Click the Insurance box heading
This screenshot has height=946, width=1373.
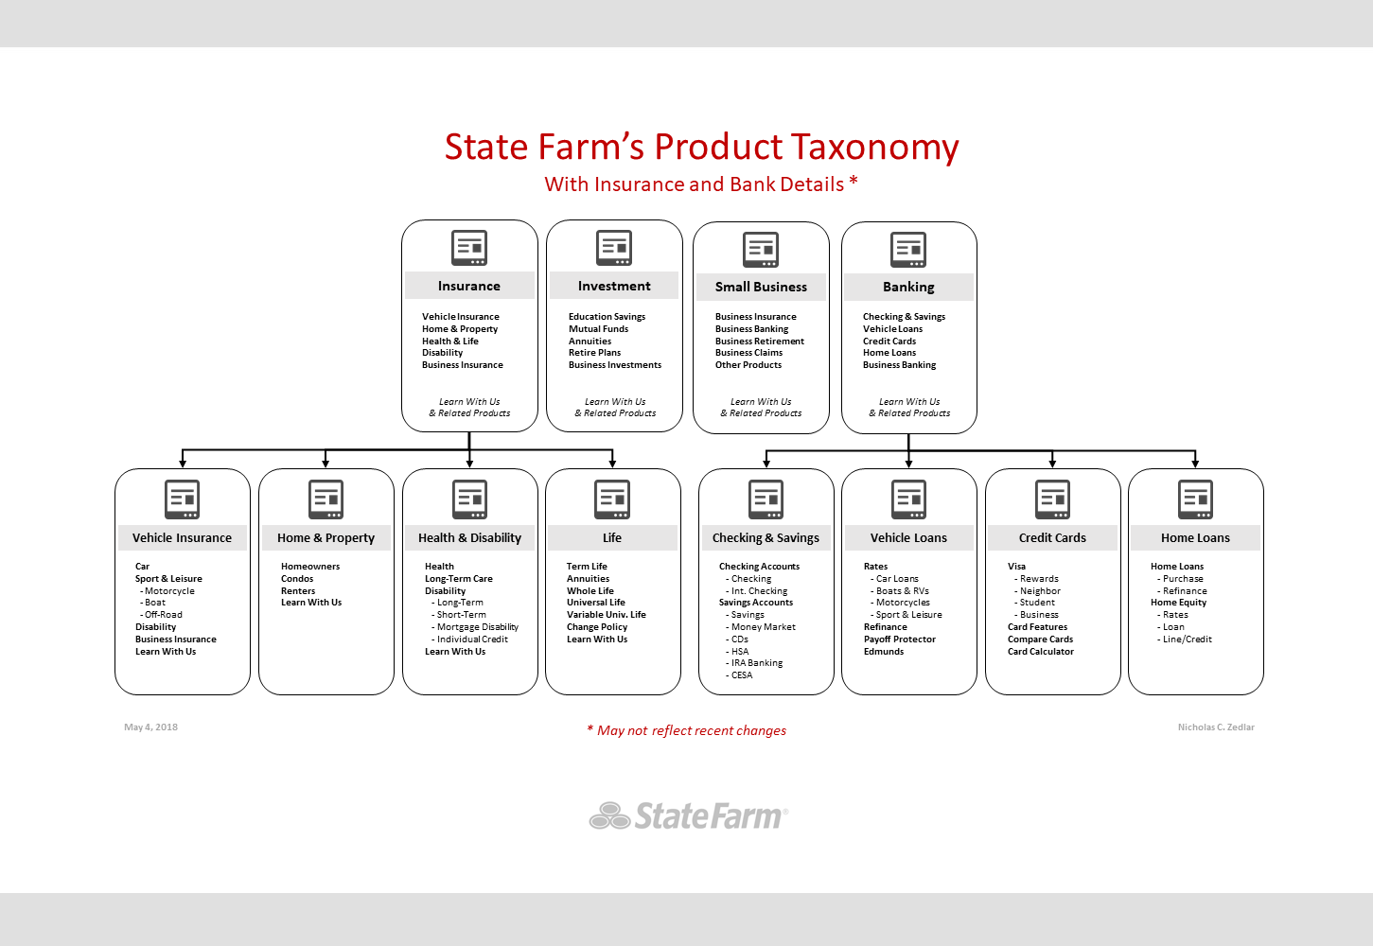469,286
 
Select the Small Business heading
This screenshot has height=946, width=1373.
761,287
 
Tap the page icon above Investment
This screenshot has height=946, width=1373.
614,248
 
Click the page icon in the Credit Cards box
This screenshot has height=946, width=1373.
1052,499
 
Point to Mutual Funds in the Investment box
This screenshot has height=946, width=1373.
598,329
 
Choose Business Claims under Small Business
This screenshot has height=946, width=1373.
748,353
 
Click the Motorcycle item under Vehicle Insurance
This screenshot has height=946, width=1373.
167,591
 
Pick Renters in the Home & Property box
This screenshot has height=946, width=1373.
298,591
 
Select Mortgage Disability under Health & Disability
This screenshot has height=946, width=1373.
475,627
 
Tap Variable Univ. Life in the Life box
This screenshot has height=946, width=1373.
607,615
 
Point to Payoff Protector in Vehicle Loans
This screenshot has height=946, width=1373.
900,639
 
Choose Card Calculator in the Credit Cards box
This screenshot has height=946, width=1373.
1041,652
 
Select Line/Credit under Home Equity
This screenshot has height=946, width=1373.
1185,639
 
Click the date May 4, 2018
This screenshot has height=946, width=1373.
150,727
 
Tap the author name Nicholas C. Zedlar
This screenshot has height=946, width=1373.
1216,727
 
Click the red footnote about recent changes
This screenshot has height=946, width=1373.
687,730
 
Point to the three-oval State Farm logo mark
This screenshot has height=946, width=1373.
609,815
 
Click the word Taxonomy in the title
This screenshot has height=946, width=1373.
874,147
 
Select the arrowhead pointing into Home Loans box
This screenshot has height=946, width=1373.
1195,463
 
